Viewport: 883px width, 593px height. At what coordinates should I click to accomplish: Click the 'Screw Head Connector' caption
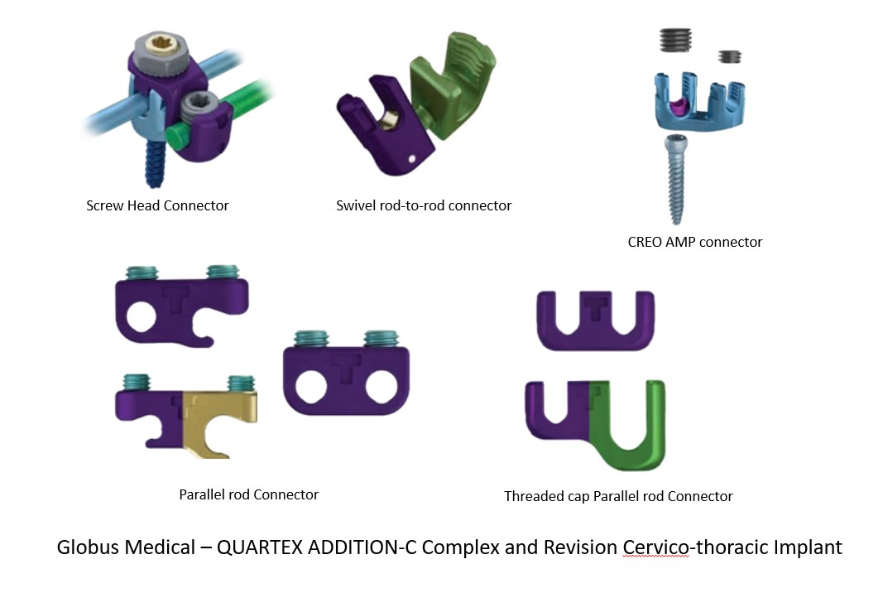[x=157, y=205]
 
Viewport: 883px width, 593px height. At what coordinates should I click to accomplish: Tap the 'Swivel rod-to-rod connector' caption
[x=424, y=205]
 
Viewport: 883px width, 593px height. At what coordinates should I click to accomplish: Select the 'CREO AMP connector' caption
[x=695, y=242]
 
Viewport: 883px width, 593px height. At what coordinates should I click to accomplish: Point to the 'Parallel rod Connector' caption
[x=248, y=494]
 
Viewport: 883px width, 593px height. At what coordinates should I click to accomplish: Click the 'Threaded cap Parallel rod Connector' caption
[x=618, y=496]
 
